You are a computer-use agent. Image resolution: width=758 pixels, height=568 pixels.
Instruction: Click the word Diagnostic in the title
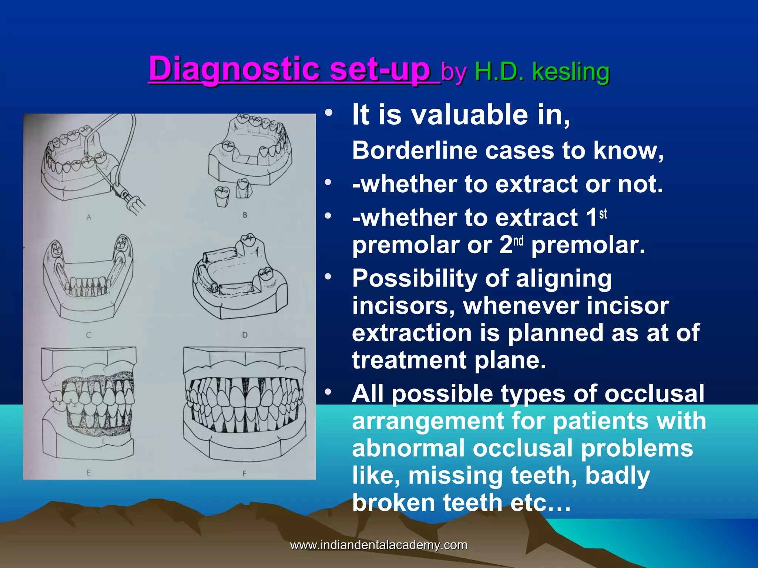tap(234, 70)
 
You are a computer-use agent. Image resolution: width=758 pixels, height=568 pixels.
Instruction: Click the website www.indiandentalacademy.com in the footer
tap(379, 545)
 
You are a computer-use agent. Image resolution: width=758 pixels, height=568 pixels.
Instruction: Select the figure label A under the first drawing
tap(89, 217)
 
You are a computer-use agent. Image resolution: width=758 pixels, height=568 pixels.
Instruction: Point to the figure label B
tap(245, 215)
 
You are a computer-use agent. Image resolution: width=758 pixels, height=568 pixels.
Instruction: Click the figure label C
tap(88, 335)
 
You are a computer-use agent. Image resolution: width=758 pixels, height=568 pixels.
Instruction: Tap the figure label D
tap(245, 335)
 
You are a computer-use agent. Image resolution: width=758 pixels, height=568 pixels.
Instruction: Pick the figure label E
tap(88, 473)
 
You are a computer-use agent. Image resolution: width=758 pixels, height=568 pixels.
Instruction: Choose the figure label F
tap(244, 473)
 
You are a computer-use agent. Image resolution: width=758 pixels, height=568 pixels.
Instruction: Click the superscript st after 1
tap(603, 214)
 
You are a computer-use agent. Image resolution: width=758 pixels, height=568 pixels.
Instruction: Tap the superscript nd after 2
tap(519, 241)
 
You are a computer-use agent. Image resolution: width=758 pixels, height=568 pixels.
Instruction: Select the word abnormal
tap(408, 448)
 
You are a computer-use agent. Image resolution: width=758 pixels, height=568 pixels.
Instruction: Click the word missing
tap(456, 476)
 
